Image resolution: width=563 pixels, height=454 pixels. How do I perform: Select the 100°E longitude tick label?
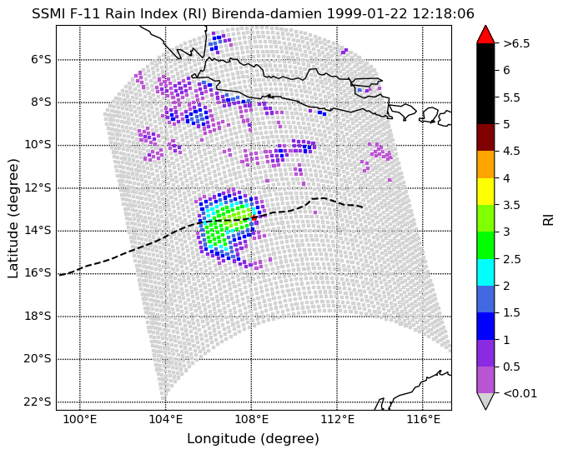pos(80,419)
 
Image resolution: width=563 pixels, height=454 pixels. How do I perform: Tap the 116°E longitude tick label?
pos(423,419)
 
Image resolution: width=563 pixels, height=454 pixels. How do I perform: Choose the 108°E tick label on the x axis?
pos(251,419)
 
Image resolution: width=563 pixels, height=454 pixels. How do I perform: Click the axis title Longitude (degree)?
pos(253,438)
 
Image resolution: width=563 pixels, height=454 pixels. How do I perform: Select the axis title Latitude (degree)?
pos(13,218)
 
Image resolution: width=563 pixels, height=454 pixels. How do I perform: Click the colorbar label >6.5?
pos(516,43)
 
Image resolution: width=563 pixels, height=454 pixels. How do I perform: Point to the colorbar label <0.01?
pos(520,393)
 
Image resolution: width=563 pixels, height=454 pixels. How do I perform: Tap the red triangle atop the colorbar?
pos(485,34)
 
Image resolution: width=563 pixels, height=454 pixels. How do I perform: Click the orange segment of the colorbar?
pos(485,165)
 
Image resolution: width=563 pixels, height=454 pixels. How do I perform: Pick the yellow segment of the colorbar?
pos(485,192)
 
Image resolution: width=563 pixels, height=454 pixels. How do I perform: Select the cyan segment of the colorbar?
pos(485,272)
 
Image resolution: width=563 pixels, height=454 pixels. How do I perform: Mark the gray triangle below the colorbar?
pos(485,402)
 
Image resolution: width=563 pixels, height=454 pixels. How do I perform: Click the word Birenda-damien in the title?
pos(267,14)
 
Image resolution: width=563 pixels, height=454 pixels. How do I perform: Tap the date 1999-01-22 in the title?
pos(367,14)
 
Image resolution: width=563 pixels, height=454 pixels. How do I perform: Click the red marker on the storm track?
pos(254,217)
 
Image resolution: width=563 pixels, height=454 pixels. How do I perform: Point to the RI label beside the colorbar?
pos(548,219)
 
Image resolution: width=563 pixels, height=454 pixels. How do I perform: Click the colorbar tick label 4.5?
pos(511,151)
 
